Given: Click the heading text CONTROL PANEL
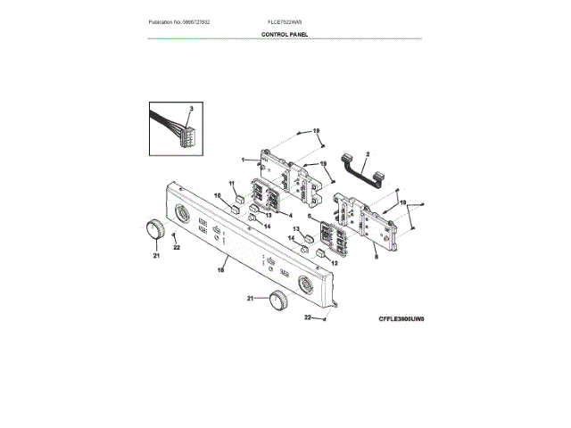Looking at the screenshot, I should [285, 34].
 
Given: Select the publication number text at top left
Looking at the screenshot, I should [186, 21].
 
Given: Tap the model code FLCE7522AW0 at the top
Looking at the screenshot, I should [285, 21].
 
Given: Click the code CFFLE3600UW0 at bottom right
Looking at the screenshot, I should [400, 317].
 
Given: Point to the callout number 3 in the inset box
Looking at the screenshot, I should [191, 108].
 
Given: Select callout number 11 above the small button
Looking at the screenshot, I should [232, 184].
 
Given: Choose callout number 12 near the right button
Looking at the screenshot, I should [335, 264].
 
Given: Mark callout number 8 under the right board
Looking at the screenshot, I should [375, 255].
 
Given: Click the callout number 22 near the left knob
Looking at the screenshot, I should [177, 247].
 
